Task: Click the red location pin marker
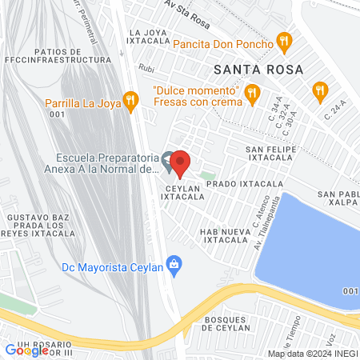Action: pos(180,163)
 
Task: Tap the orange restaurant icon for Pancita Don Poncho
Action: pos(282,40)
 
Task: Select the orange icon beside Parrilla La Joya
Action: pos(133,99)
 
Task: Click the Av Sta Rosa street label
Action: pos(186,9)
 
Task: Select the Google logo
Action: pos(25,350)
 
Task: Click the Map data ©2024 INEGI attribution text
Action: pos(312,354)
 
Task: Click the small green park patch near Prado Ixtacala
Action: pos(208,175)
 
